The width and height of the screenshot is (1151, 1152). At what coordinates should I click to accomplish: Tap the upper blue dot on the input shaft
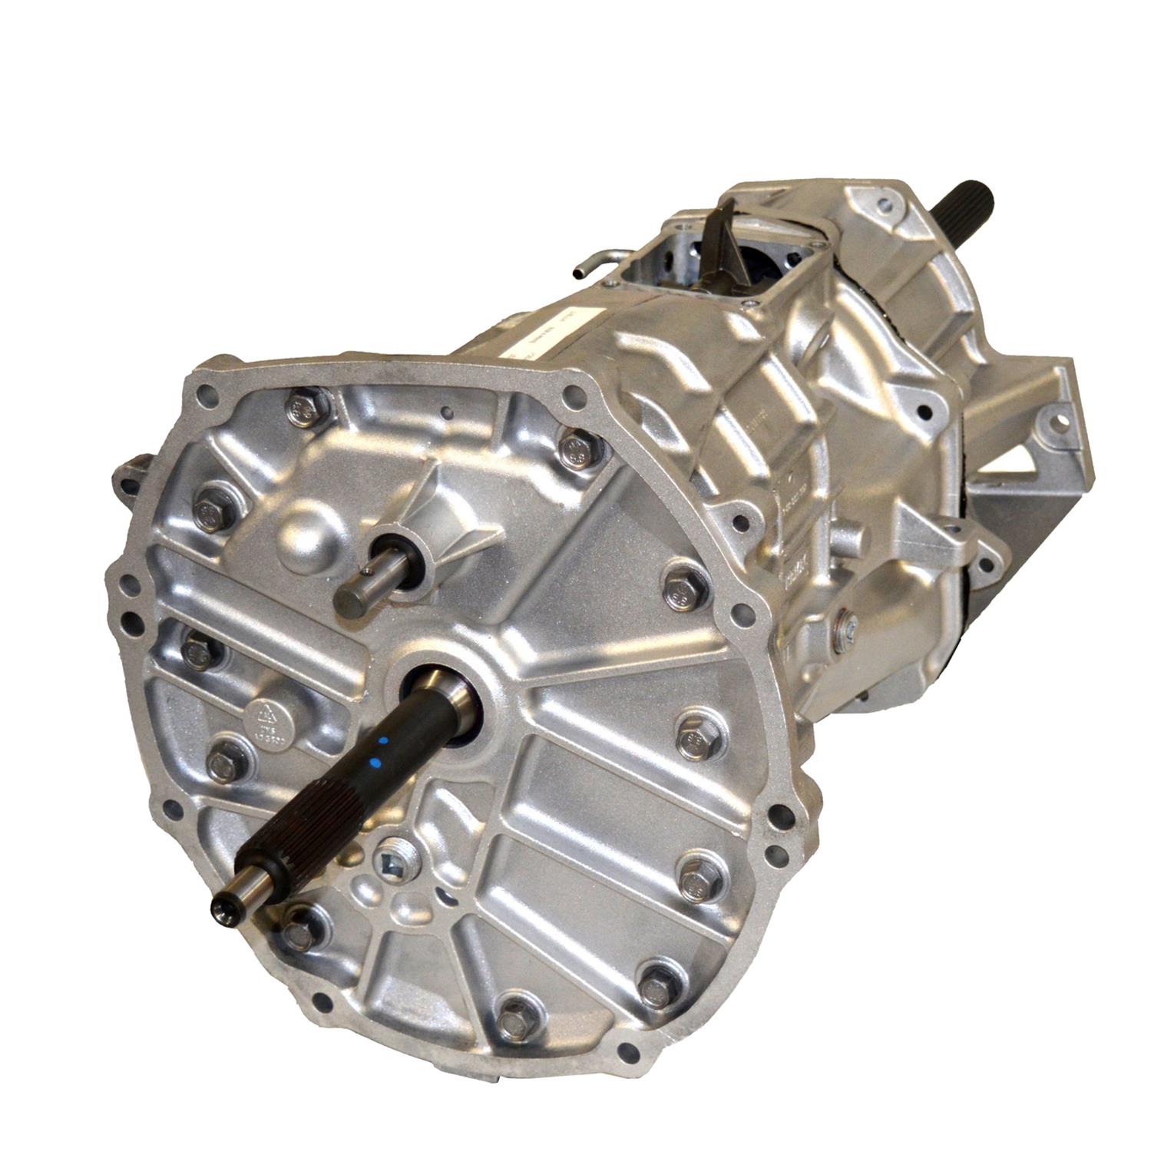coord(382,742)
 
